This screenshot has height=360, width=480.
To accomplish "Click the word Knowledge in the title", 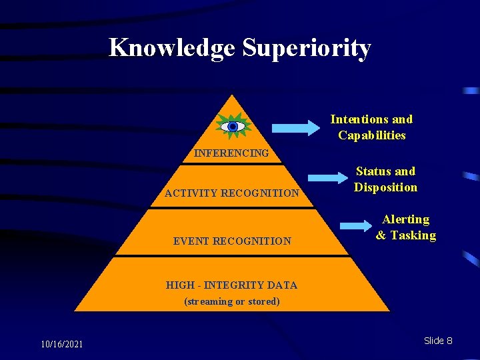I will click(x=172, y=48).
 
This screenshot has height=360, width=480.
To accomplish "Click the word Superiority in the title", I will click(x=306, y=48).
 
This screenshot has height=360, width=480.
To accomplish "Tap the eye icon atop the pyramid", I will click(x=233, y=126).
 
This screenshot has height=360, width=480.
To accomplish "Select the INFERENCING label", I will click(x=231, y=153).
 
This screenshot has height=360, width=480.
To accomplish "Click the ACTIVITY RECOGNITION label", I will click(x=231, y=193).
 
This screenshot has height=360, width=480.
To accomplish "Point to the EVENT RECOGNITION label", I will click(x=231, y=241).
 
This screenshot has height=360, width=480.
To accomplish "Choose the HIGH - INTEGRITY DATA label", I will click(x=231, y=285).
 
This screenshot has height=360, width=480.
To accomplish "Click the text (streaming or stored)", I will click(x=231, y=301).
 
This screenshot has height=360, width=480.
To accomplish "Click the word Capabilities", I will click(x=371, y=135).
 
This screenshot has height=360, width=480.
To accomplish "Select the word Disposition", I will click(x=385, y=187).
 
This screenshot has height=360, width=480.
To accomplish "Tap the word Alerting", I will click(x=405, y=219).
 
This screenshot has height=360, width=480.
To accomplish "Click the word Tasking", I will click(x=413, y=235).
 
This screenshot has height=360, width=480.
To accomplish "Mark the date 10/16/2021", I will click(x=61, y=344).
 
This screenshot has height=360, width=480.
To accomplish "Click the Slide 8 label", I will click(x=437, y=341).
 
